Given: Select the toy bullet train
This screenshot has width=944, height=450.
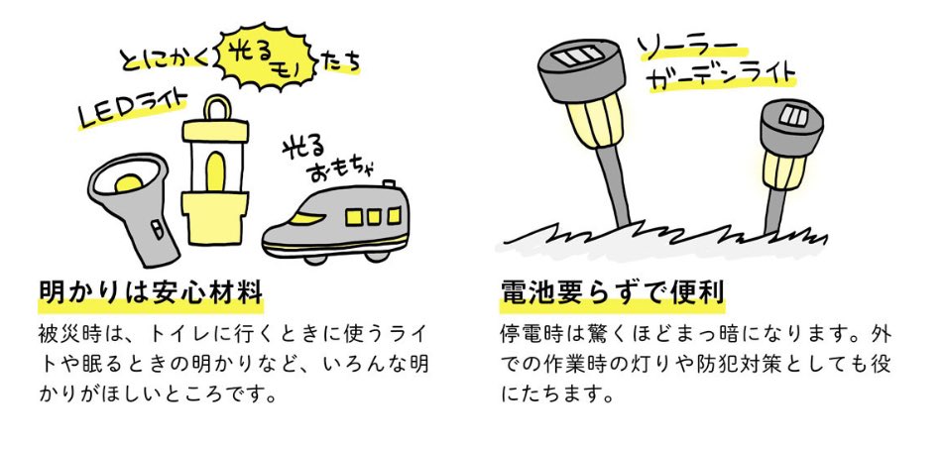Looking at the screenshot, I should tap(336, 223).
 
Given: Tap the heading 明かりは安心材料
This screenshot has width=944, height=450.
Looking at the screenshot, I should tap(150, 293).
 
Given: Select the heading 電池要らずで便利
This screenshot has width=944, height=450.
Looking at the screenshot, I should tap(613, 293).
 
